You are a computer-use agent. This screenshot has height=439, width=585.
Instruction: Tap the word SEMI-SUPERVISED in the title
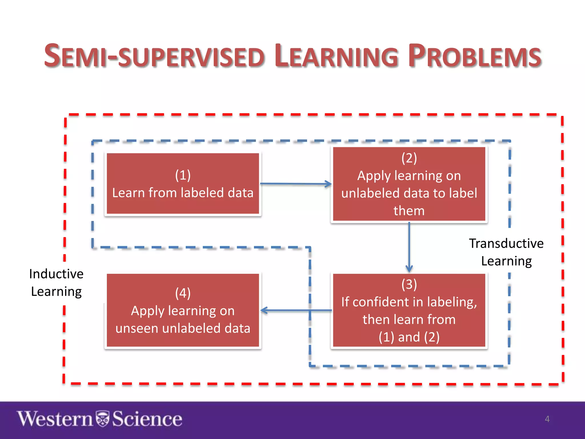154,56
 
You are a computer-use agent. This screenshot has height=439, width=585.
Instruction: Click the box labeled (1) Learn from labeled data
183,183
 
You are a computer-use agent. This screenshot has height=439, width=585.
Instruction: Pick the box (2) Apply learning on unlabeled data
409,184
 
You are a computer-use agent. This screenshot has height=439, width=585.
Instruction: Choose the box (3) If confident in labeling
409,310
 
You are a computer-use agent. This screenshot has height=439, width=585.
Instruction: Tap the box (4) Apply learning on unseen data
183,310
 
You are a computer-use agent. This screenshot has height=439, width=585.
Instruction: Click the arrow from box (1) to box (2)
296,184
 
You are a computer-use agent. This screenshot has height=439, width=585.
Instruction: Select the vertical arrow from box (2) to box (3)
409,247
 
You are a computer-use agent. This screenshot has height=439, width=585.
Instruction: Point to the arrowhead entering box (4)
264,310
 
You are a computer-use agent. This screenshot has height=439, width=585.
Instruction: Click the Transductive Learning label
506,252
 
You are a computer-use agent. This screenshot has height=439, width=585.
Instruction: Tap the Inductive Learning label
56,283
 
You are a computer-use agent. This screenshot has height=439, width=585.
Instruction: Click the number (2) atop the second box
409,158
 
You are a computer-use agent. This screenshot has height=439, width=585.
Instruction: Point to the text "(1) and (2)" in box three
409,337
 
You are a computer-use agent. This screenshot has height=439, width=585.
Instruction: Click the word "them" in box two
409,211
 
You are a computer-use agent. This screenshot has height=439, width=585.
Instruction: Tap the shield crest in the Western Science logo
102,419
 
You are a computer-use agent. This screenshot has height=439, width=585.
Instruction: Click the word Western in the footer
55,419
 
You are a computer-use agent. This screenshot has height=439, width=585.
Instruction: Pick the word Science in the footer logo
147,419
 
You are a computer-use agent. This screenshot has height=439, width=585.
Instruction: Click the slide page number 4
547,419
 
